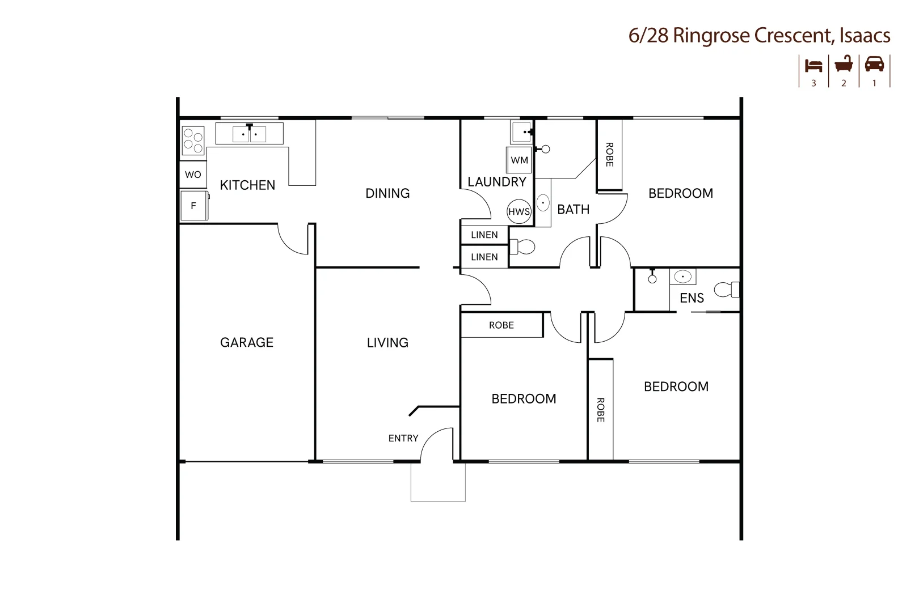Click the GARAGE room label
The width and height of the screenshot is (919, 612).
247,342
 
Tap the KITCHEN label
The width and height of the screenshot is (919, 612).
247,185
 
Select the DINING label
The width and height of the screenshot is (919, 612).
387,193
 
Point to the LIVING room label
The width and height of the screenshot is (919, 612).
387,343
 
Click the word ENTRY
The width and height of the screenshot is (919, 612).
403,438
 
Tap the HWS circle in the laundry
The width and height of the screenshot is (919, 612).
519,211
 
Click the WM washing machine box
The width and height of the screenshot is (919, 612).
520,160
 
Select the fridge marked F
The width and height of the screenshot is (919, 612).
194,206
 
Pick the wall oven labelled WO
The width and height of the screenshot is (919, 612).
193,175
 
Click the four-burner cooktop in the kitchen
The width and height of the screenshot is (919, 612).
193,141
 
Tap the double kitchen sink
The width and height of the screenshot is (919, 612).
250,134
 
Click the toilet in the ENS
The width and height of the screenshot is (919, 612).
727,290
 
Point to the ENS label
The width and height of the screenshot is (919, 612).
692,298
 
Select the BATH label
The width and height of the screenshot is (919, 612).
573,210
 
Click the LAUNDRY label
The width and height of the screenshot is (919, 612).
497,181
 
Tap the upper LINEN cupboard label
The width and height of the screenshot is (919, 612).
484,235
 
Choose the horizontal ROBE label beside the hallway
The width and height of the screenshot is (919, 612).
501,325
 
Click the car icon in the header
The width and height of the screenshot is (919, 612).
874,64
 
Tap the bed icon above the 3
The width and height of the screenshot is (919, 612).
813,66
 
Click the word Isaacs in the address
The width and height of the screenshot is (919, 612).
865,35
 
